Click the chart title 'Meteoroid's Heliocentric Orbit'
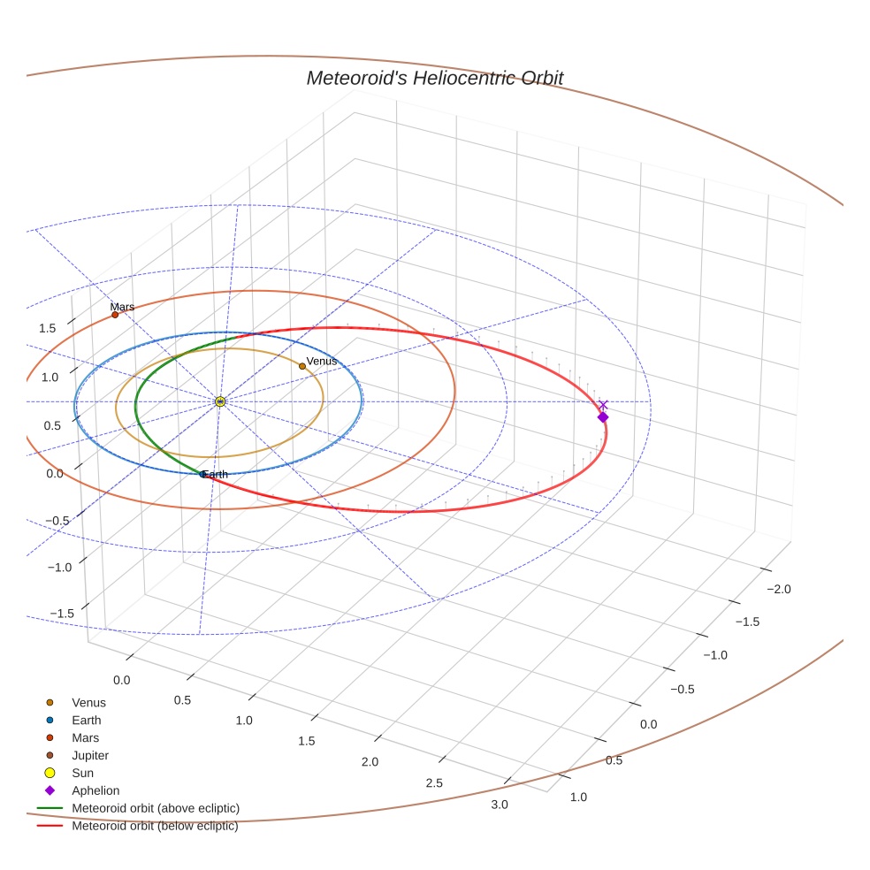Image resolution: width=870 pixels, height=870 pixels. [434, 79]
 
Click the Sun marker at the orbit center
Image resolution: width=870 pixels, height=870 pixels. [220, 401]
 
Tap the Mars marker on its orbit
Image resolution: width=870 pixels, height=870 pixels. [115, 315]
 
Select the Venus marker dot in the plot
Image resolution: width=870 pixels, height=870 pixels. [302, 366]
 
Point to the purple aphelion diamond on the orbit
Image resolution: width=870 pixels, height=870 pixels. [603, 417]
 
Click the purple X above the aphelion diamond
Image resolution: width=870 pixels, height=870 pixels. [603, 405]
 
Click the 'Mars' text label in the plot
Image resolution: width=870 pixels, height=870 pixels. [122, 307]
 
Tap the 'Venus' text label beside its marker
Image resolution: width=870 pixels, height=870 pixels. [322, 361]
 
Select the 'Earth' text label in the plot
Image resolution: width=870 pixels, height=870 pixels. [215, 475]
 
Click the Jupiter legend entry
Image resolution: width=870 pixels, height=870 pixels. [90, 756]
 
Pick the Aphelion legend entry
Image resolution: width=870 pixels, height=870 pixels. [95, 791]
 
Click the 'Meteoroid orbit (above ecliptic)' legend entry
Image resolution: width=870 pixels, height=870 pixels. [156, 809]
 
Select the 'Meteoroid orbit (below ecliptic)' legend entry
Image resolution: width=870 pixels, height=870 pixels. [155, 827]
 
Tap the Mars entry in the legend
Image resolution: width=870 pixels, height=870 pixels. [86, 738]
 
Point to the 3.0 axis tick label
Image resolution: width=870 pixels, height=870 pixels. [499, 805]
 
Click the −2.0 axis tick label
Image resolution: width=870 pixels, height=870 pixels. [777, 590]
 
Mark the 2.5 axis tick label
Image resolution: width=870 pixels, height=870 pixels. [434, 783]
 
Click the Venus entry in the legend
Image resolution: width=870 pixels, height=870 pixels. [88, 703]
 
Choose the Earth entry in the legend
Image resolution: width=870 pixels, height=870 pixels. [86, 721]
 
